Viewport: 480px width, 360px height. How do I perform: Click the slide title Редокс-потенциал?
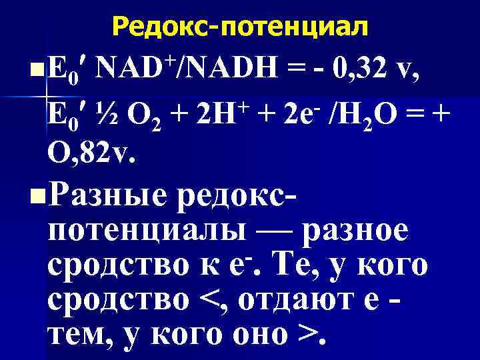[x=240, y=27]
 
